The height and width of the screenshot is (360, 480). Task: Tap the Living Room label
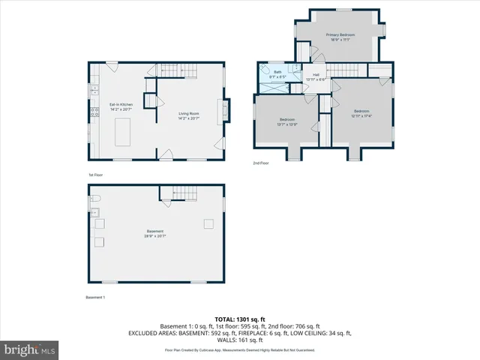click(x=188, y=113)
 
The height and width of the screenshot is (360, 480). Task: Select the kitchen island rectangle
click(x=122, y=131)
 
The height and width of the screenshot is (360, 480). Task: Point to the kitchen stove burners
click(x=94, y=112)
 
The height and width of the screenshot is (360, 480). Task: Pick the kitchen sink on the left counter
click(x=94, y=90)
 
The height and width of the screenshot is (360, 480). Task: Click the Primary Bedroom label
click(x=340, y=35)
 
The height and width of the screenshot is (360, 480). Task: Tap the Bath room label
click(x=277, y=72)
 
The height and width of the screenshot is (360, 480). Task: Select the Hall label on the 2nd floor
click(x=316, y=74)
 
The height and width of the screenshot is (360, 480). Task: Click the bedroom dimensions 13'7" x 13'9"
click(x=288, y=124)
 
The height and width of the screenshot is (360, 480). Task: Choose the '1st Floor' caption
click(x=96, y=175)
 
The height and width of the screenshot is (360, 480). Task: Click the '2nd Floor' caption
click(x=261, y=163)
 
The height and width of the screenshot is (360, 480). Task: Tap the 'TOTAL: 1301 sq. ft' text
click(x=241, y=319)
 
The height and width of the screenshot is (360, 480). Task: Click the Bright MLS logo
click(x=30, y=349)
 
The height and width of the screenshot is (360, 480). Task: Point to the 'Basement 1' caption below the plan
click(x=96, y=298)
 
